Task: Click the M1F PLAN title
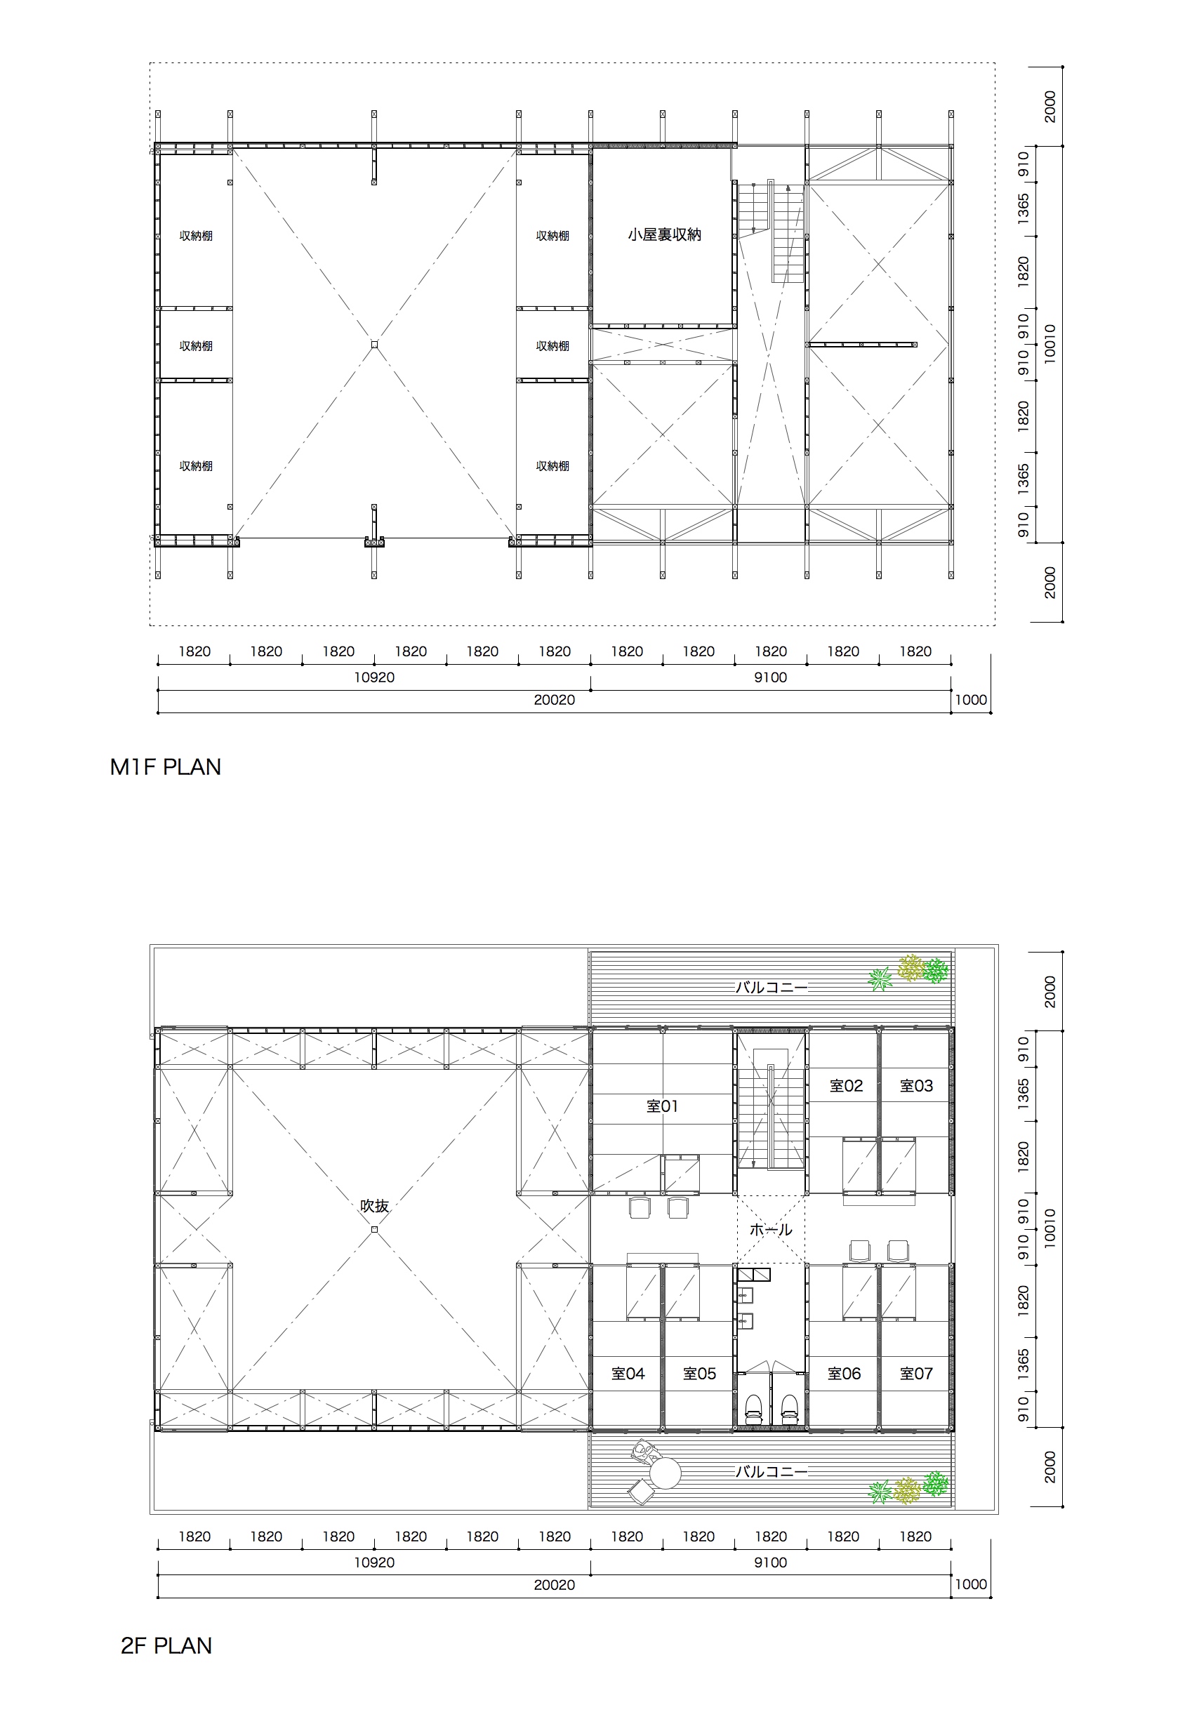coord(166,767)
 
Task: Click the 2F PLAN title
coord(166,1645)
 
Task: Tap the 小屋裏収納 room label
coord(664,234)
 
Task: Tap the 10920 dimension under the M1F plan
coord(374,678)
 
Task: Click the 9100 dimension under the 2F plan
coord(770,1563)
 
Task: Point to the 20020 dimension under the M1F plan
coord(554,700)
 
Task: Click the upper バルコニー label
coord(771,988)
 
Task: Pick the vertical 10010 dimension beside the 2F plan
coord(1050,1229)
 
